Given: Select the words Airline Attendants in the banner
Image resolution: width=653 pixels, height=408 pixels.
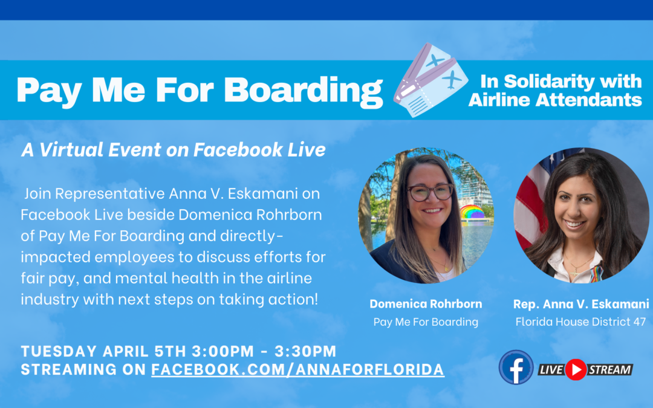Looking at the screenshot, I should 554,100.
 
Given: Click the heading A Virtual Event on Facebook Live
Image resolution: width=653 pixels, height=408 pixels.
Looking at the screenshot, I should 174,150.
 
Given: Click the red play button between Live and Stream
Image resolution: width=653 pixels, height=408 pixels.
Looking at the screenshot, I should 576,369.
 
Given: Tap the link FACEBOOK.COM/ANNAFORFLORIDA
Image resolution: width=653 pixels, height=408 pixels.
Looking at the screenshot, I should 297,369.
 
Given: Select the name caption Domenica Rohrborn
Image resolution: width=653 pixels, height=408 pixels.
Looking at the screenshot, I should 426,303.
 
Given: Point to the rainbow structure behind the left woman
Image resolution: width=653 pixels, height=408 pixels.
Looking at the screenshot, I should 472,213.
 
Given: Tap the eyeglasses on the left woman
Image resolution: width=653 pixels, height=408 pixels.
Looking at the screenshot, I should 430,192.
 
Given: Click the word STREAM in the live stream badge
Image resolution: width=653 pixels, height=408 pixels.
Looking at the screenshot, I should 609,369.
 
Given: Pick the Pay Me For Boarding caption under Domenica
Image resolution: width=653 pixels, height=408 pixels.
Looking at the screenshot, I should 426,322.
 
